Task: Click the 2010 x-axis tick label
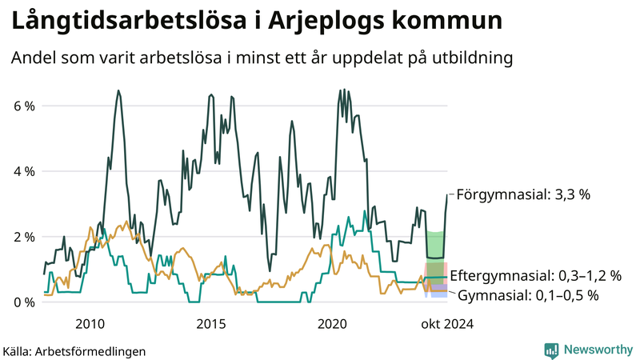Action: (x=90, y=324)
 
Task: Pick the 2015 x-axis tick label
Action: (x=211, y=324)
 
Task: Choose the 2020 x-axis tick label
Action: (x=333, y=324)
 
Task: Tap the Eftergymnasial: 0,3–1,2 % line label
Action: (x=536, y=276)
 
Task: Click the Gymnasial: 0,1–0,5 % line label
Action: (x=529, y=295)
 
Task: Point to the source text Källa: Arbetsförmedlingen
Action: (x=74, y=351)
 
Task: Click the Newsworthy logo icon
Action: (x=551, y=350)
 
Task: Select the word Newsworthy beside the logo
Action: (x=598, y=350)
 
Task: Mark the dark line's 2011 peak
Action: (x=119, y=91)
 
